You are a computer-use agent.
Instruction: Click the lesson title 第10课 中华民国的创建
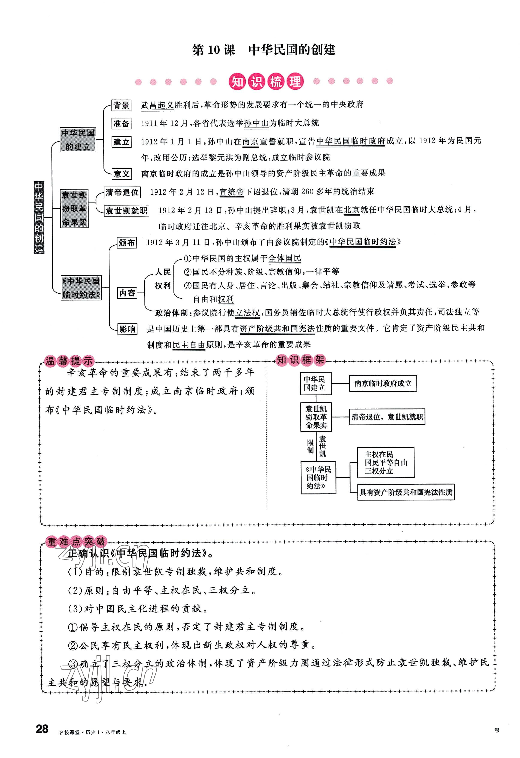(263, 50)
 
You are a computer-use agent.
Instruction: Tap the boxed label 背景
(121, 105)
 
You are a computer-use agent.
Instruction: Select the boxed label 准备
(121, 124)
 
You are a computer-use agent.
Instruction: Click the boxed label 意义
(121, 174)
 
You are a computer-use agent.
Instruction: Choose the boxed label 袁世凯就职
(127, 211)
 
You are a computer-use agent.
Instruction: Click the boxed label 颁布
(127, 243)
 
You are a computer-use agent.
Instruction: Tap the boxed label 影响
(127, 329)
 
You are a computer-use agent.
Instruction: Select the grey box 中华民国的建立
(78, 139)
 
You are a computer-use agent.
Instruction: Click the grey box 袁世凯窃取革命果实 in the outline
(74, 208)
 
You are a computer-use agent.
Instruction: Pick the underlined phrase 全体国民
(284, 259)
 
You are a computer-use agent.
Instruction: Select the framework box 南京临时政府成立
(383, 384)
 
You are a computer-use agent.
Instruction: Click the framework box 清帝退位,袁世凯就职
(387, 417)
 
